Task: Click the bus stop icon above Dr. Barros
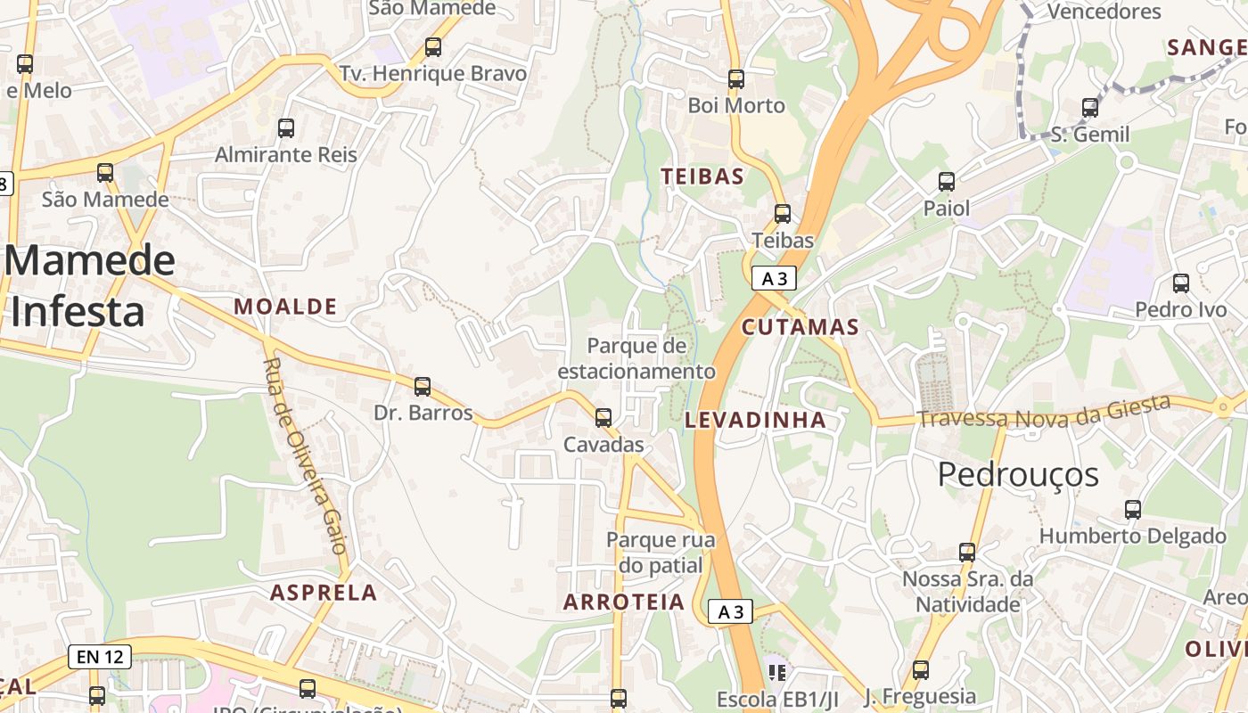pos(423,387)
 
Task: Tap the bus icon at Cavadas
pos(603,417)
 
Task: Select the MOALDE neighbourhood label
pos(285,307)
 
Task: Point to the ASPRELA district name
pos(324,593)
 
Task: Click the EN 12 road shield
pos(100,657)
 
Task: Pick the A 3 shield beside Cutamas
pos(773,278)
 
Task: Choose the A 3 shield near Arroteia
pos(730,611)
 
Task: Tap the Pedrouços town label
pos(1018,474)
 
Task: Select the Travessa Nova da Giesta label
pos(1044,413)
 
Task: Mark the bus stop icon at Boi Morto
pos(736,78)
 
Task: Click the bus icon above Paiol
pos(947,182)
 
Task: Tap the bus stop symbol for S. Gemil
pos(1090,108)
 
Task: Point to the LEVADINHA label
pos(755,420)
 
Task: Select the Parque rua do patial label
pos(661,552)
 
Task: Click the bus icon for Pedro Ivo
pos(1181,283)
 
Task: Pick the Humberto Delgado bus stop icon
pos(1133,510)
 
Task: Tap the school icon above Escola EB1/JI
pos(776,671)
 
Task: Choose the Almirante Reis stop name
pos(285,154)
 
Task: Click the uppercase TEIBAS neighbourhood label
pos(702,176)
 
